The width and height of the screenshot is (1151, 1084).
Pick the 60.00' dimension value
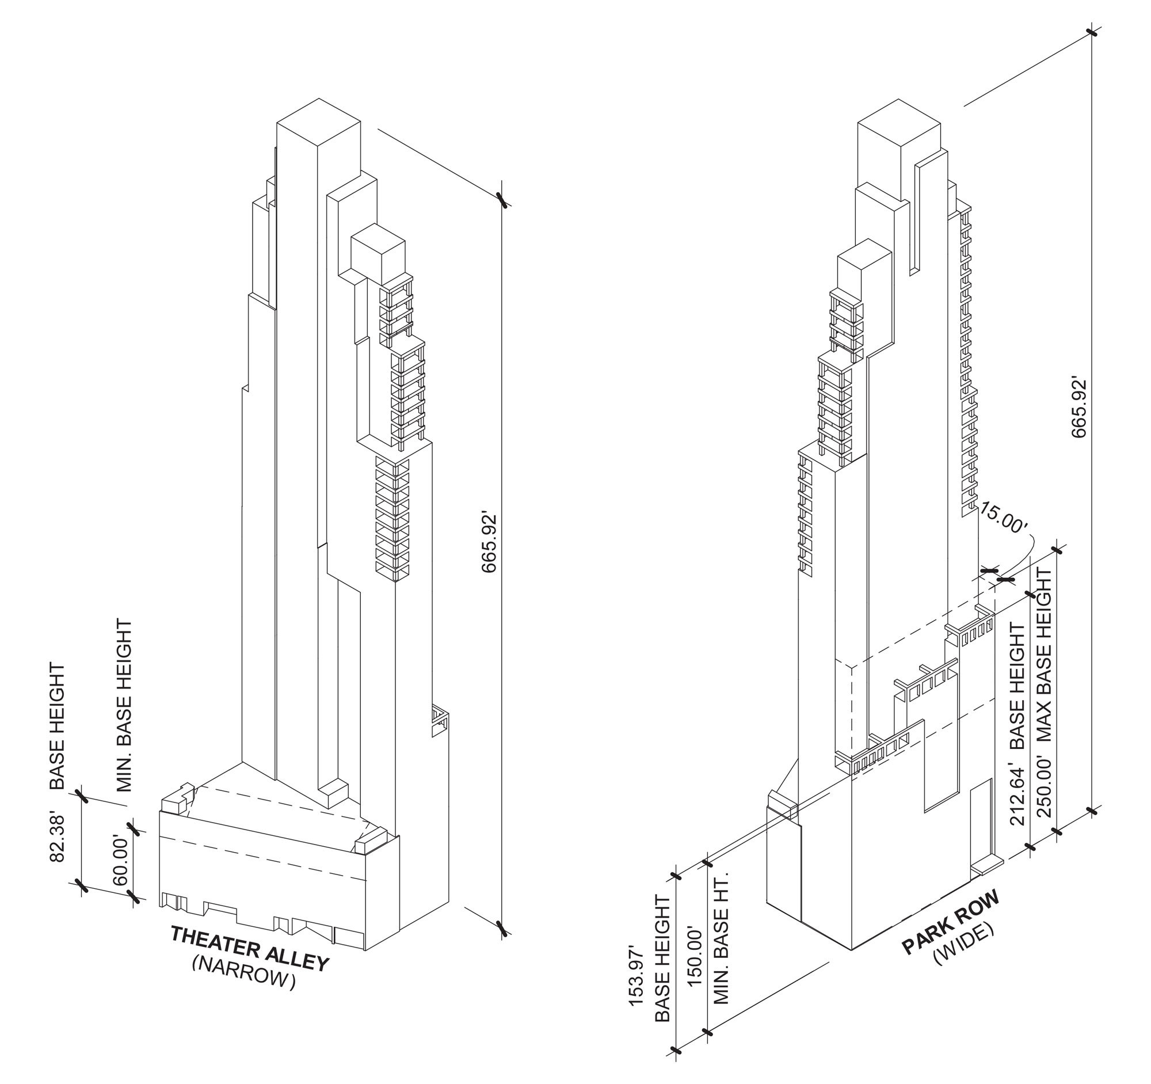tap(120, 860)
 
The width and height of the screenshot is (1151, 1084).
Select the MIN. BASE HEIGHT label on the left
tap(124, 705)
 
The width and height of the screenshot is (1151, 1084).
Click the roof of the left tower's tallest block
tap(319, 121)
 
